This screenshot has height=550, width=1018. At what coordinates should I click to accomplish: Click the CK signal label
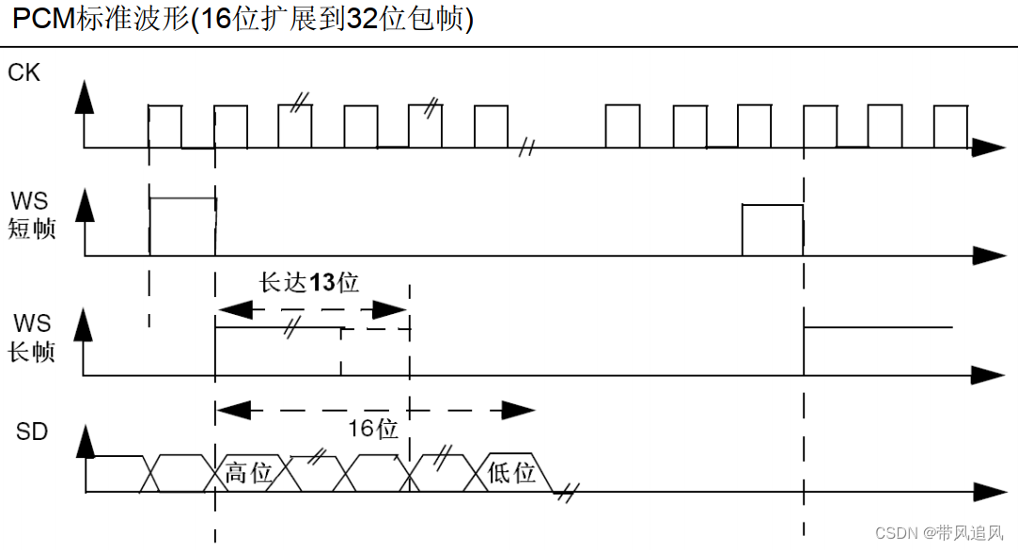click(23, 71)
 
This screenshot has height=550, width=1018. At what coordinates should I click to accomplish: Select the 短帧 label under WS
click(32, 228)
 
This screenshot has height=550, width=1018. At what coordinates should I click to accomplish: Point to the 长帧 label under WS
click(32, 352)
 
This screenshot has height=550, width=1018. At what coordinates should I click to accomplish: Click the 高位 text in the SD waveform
click(248, 473)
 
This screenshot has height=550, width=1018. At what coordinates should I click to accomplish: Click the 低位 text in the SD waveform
click(511, 473)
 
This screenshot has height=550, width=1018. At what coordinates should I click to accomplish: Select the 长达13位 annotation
click(309, 282)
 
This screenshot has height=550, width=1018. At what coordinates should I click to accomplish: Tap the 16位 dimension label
click(373, 430)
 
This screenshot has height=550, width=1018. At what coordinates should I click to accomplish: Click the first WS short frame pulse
click(182, 226)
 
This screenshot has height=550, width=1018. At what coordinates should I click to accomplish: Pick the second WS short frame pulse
click(772, 228)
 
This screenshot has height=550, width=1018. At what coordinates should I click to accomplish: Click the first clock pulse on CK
click(165, 126)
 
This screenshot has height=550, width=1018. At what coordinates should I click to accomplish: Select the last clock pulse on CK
click(948, 126)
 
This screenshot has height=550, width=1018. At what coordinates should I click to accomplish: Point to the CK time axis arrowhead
click(988, 148)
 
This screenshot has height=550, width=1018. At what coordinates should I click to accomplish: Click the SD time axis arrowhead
click(988, 493)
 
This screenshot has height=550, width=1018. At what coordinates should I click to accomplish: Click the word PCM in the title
click(41, 20)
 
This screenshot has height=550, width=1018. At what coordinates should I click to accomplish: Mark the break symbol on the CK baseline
click(527, 148)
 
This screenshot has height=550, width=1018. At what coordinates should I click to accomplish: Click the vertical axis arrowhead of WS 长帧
click(85, 324)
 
